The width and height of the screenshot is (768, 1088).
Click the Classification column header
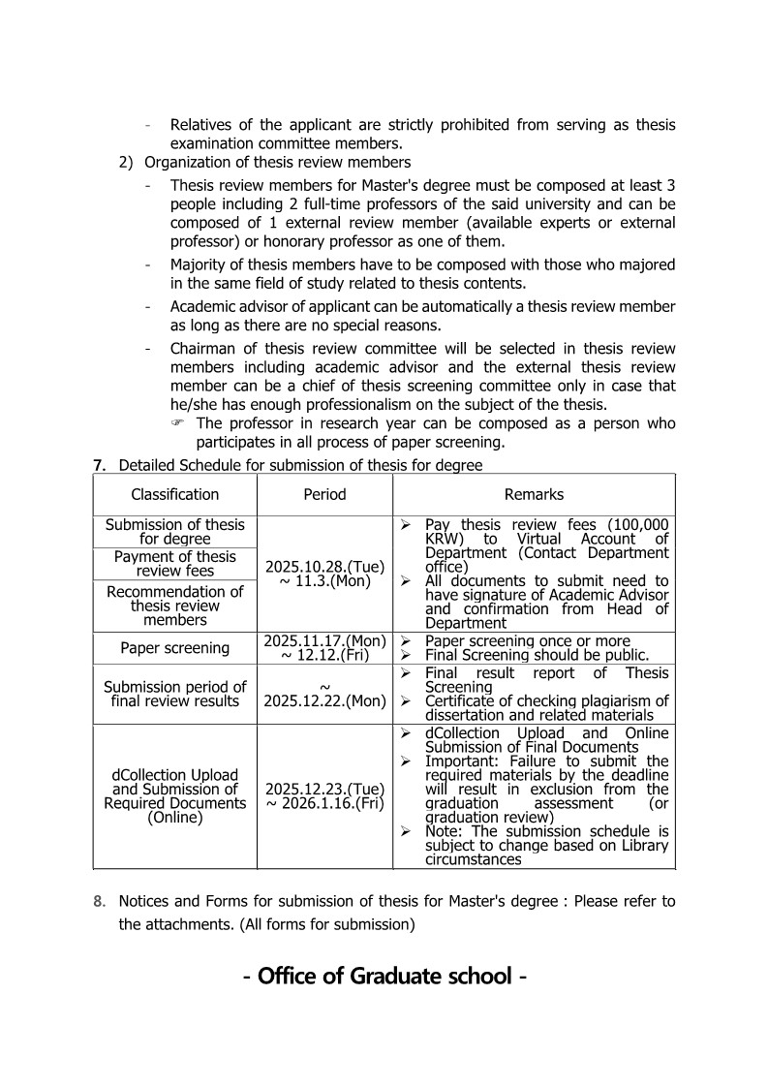[x=175, y=494]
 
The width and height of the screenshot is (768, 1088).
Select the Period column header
[x=324, y=494]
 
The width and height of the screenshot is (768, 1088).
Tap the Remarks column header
[x=534, y=494]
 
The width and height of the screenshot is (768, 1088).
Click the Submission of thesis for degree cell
[x=175, y=531]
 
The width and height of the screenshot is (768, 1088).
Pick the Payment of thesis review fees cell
[x=175, y=563]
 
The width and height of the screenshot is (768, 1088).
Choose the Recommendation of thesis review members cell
[x=175, y=606]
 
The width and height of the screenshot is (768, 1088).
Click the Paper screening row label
[x=175, y=648]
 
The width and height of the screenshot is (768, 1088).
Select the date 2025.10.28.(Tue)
[x=324, y=566]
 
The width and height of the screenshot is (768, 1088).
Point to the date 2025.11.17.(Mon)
[x=324, y=640]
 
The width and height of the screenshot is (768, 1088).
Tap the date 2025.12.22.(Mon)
[x=324, y=700]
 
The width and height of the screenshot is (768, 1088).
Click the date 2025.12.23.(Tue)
[x=324, y=789]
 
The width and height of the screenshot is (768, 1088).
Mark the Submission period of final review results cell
[x=175, y=694]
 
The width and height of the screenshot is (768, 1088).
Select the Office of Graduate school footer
[x=384, y=976]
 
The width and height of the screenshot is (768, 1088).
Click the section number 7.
[x=99, y=465]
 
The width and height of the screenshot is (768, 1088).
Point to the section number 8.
[x=99, y=901]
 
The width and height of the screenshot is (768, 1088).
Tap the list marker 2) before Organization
[x=126, y=162]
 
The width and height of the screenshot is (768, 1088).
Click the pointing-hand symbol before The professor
[x=177, y=424]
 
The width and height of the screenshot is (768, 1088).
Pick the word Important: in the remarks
[x=457, y=762]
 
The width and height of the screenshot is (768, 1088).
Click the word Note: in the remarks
[x=444, y=831]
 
